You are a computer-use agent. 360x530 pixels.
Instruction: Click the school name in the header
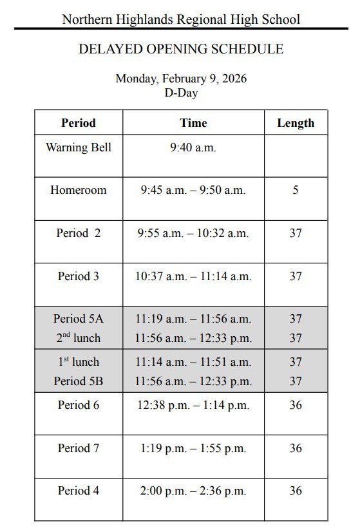(x=180, y=19)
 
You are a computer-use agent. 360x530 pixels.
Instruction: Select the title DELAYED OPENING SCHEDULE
(x=180, y=50)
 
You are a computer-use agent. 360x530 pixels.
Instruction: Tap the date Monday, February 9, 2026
(x=180, y=79)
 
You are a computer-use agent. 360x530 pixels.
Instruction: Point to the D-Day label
(x=180, y=93)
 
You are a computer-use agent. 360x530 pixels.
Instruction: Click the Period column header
(x=78, y=122)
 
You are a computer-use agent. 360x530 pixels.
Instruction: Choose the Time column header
(x=193, y=122)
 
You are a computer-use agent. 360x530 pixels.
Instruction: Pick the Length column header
(x=296, y=122)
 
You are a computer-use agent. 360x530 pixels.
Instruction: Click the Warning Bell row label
(x=78, y=147)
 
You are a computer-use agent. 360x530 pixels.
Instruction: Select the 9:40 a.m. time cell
(x=193, y=147)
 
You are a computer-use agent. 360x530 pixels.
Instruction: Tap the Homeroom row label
(x=78, y=190)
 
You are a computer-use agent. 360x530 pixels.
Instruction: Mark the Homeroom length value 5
(x=296, y=190)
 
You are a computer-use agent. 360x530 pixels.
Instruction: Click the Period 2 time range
(x=193, y=233)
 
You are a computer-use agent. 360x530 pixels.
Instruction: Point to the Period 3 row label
(x=78, y=276)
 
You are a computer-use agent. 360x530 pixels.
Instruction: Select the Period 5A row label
(x=78, y=319)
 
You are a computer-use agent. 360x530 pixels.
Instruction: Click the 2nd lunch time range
(x=193, y=338)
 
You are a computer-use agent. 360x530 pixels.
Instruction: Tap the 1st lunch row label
(x=78, y=362)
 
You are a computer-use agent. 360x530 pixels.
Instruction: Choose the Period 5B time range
(x=193, y=381)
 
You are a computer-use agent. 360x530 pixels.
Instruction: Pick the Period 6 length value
(x=296, y=405)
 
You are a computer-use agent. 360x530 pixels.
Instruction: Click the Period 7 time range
(x=193, y=448)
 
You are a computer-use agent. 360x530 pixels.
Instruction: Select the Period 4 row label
(x=78, y=491)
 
